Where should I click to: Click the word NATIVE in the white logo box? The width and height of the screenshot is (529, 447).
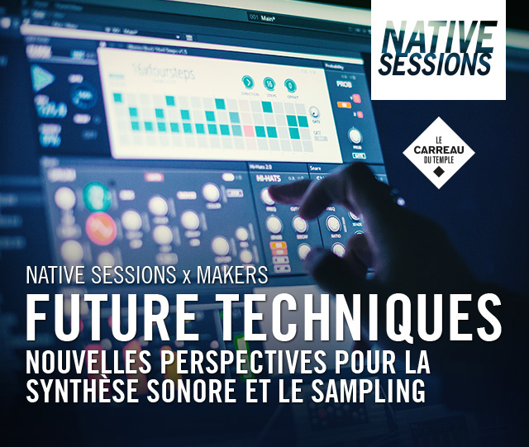pos(438,34)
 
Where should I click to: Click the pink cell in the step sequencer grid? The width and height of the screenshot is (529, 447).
pos(247,130)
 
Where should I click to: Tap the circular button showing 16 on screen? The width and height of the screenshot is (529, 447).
pos(269,83)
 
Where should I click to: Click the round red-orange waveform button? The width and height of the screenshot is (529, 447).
pos(101,229)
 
